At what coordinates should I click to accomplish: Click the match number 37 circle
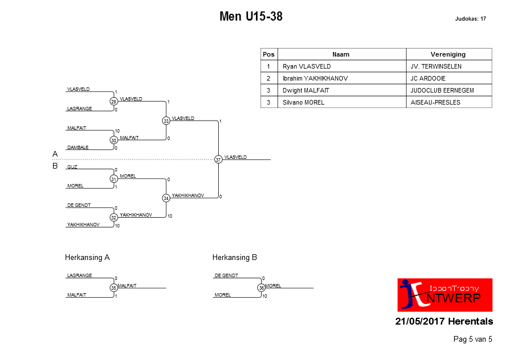coord(218,159)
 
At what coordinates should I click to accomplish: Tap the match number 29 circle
coord(114,102)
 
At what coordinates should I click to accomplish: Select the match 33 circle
coord(166,121)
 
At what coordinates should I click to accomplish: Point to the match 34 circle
coord(166,198)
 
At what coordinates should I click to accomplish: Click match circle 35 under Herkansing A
coord(114,287)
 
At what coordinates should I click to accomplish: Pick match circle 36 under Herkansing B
coord(261,287)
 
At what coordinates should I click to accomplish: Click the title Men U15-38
coord(251,16)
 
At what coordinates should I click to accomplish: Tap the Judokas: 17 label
coord(470,19)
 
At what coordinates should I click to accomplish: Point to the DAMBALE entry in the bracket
coord(78,147)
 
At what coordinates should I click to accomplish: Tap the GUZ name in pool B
coord(72,167)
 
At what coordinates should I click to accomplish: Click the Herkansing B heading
coord(235,257)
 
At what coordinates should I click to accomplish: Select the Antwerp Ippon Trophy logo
coord(444,295)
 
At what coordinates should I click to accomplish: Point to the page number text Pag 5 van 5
coord(472,339)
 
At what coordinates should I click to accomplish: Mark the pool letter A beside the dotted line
coord(55,154)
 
